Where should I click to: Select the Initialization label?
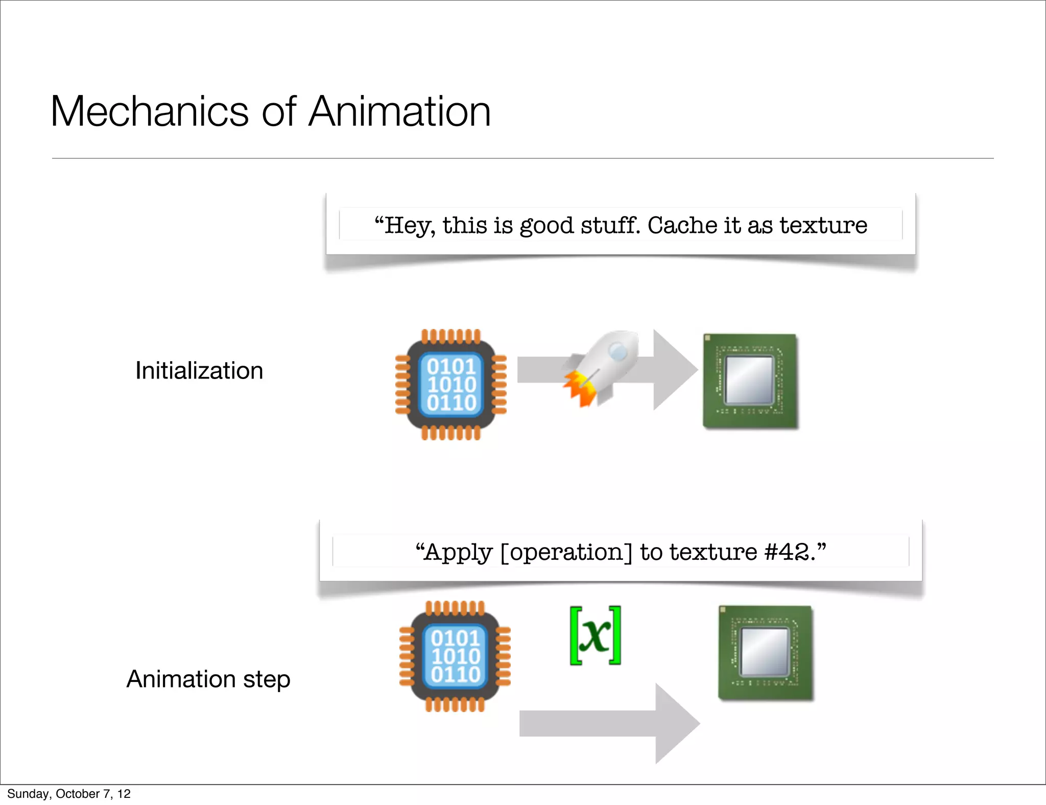(x=199, y=371)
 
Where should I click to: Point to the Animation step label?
(x=208, y=679)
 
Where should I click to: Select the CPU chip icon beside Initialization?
(x=451, y=385)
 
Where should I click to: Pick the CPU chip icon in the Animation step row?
(x=455, y=656)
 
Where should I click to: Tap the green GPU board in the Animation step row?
(x=765, y=652)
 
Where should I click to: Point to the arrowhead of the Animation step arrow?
(x=676, y=723)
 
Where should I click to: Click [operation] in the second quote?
(x=566, y=553)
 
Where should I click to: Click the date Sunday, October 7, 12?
(x=69, y=794)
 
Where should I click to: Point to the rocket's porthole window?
(x=619, y=351)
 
